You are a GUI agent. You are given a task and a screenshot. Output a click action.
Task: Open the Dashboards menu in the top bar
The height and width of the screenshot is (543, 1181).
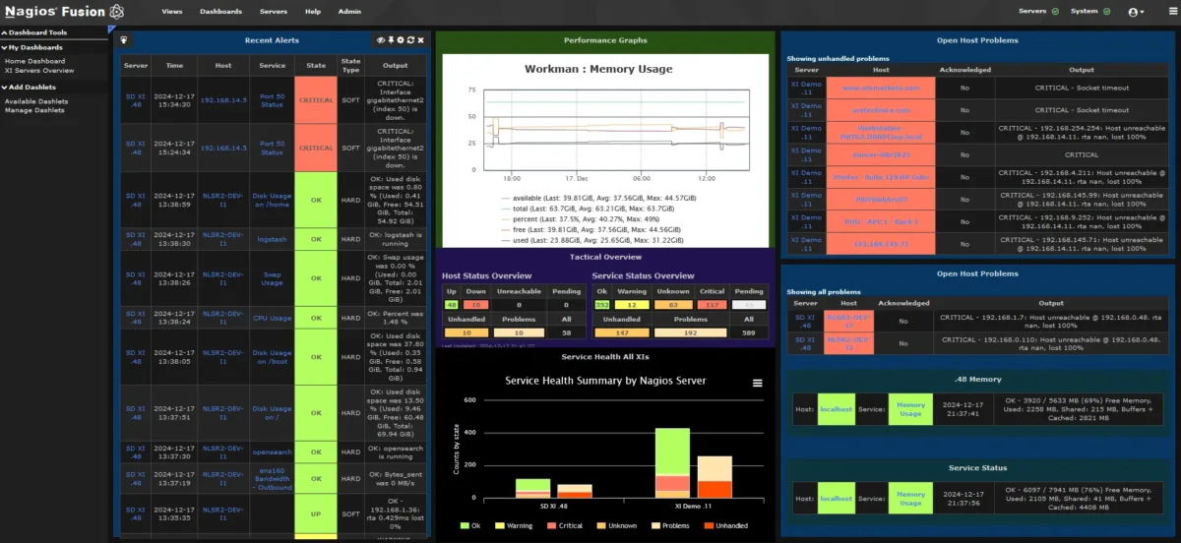[220, 11]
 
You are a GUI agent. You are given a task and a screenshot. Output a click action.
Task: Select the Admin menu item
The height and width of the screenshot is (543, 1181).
[348, 11]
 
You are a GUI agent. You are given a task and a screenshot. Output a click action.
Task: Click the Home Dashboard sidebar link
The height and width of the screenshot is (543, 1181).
[34, 61]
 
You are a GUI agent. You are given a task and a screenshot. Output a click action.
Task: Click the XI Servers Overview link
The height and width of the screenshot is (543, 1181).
[39, 71]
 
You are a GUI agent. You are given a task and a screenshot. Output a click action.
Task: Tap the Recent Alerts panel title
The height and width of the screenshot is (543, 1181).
[272, 40]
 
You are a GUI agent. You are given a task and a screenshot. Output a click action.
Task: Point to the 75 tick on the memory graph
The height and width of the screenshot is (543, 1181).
[471, 90]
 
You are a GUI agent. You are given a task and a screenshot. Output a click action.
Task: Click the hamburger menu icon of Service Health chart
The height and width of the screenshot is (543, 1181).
[757, 383]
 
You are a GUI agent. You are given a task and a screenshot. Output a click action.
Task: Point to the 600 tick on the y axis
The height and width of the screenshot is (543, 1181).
[469, 400]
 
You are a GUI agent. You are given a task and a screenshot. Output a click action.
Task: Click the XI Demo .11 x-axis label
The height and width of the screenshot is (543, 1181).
[694, 505]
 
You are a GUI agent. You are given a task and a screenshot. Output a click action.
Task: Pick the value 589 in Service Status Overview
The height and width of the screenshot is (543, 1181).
[749, 333]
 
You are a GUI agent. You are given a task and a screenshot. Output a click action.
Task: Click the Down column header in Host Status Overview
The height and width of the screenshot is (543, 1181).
[475, 291]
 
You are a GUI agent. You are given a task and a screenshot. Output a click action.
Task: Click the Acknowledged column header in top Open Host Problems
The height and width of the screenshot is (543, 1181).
[965, 70]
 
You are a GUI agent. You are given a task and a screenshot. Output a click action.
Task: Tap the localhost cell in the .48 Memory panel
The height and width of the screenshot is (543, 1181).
[837, 408]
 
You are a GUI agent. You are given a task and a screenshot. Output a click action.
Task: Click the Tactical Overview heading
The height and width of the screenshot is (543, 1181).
[605, 257]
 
